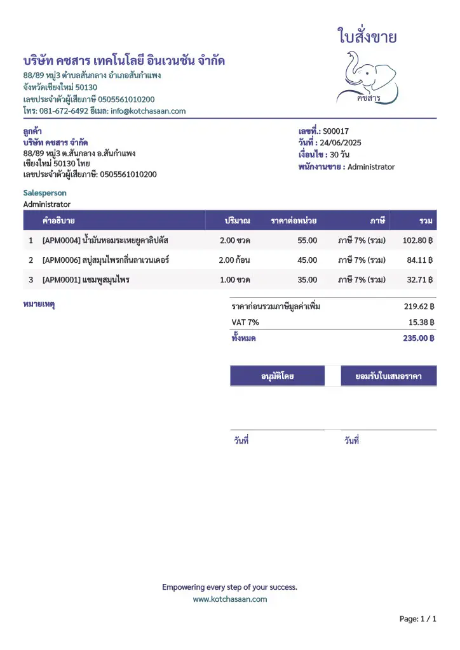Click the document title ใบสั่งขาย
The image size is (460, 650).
[x=367, y=37]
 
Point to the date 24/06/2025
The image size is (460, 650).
[x=341, y=143]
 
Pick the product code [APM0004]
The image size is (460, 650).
[x=61, y=241]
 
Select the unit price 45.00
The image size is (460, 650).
[x=307, y=260]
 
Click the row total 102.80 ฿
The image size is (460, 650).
[x=417, y=241]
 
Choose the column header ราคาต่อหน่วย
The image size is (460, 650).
[x=294, y=221]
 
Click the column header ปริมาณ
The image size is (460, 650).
[x=237, y=221]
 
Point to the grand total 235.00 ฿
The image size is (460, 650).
[x=418, y=338]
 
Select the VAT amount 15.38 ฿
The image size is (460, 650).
[x=421, y=322]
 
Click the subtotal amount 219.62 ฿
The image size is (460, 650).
[x=419, y=307]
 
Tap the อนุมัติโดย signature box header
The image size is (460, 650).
[x=277, y=376]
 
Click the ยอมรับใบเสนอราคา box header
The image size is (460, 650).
[x=389, y=376]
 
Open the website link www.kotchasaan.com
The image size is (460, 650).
[x=230, y=599]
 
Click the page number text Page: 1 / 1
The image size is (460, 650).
[x=417, y=618]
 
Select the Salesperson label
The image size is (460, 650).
[x=44, y=192]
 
